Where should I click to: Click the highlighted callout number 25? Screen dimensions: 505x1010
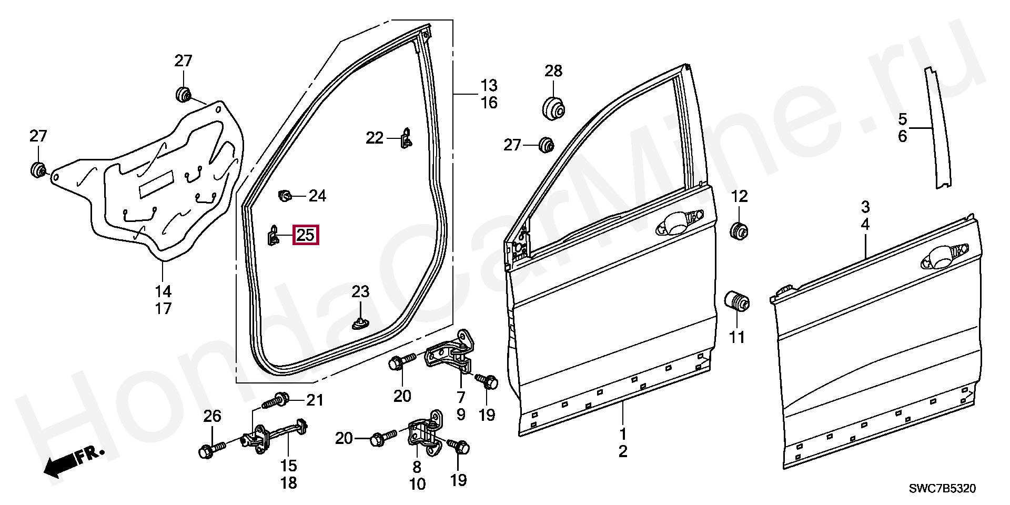306,235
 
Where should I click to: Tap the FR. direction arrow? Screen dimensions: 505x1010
74,461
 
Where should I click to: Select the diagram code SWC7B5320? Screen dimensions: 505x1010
942,489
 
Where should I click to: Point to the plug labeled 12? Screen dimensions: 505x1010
739,230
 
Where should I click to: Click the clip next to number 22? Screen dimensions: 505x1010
406,138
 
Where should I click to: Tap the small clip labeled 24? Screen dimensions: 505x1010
285,196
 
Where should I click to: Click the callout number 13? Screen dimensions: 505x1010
489,85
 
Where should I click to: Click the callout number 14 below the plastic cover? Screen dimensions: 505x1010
163,291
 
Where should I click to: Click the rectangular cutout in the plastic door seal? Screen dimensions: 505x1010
156,184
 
